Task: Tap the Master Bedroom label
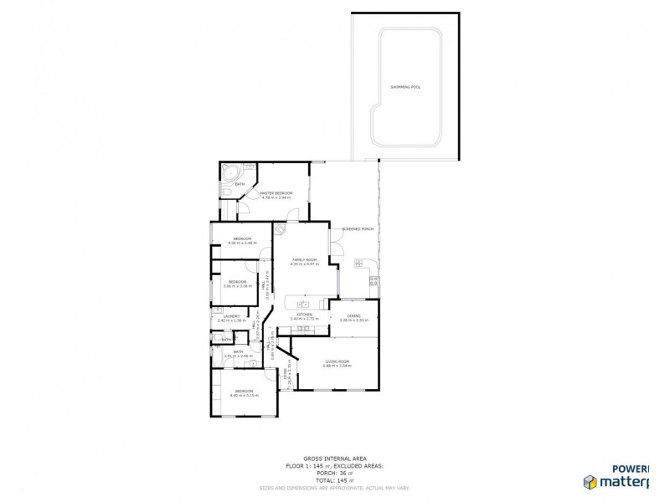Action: tap(276, 192)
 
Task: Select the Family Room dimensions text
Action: tap(305, 264)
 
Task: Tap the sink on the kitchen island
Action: tap(302, 303)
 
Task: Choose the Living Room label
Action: tap(338, 361)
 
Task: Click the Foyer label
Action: tap(286, 376)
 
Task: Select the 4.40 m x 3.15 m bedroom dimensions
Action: tap(245, 396)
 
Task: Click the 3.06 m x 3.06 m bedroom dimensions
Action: tap(238, 285)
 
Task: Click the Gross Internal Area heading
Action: tap(335, 457)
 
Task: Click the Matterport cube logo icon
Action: tap(590, 480)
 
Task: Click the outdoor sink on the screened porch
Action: tap(358, 264)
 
